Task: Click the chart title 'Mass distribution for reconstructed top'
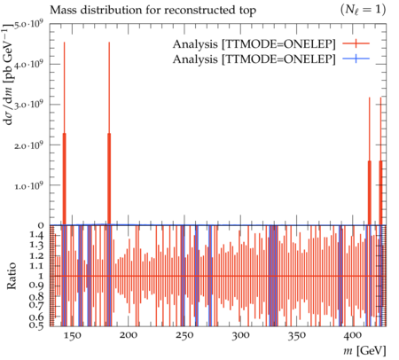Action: [153, 11]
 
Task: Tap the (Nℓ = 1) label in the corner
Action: [363, 11]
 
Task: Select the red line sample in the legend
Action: [356, 43]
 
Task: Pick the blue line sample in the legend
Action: [356, 59]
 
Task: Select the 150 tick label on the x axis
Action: [72, 335]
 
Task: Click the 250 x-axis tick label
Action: [184, 335]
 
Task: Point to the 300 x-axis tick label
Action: [240, 335]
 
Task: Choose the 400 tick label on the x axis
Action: [353, 335]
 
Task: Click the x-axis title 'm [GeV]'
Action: [364, 351]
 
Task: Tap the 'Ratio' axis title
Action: [12, 276]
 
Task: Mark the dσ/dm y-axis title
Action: [9, 74]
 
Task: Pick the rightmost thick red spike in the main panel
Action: [380, 192]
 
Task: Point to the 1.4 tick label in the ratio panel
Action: [37, 236]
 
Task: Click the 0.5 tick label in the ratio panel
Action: [37, 325]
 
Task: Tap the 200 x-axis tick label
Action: [128, 335]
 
